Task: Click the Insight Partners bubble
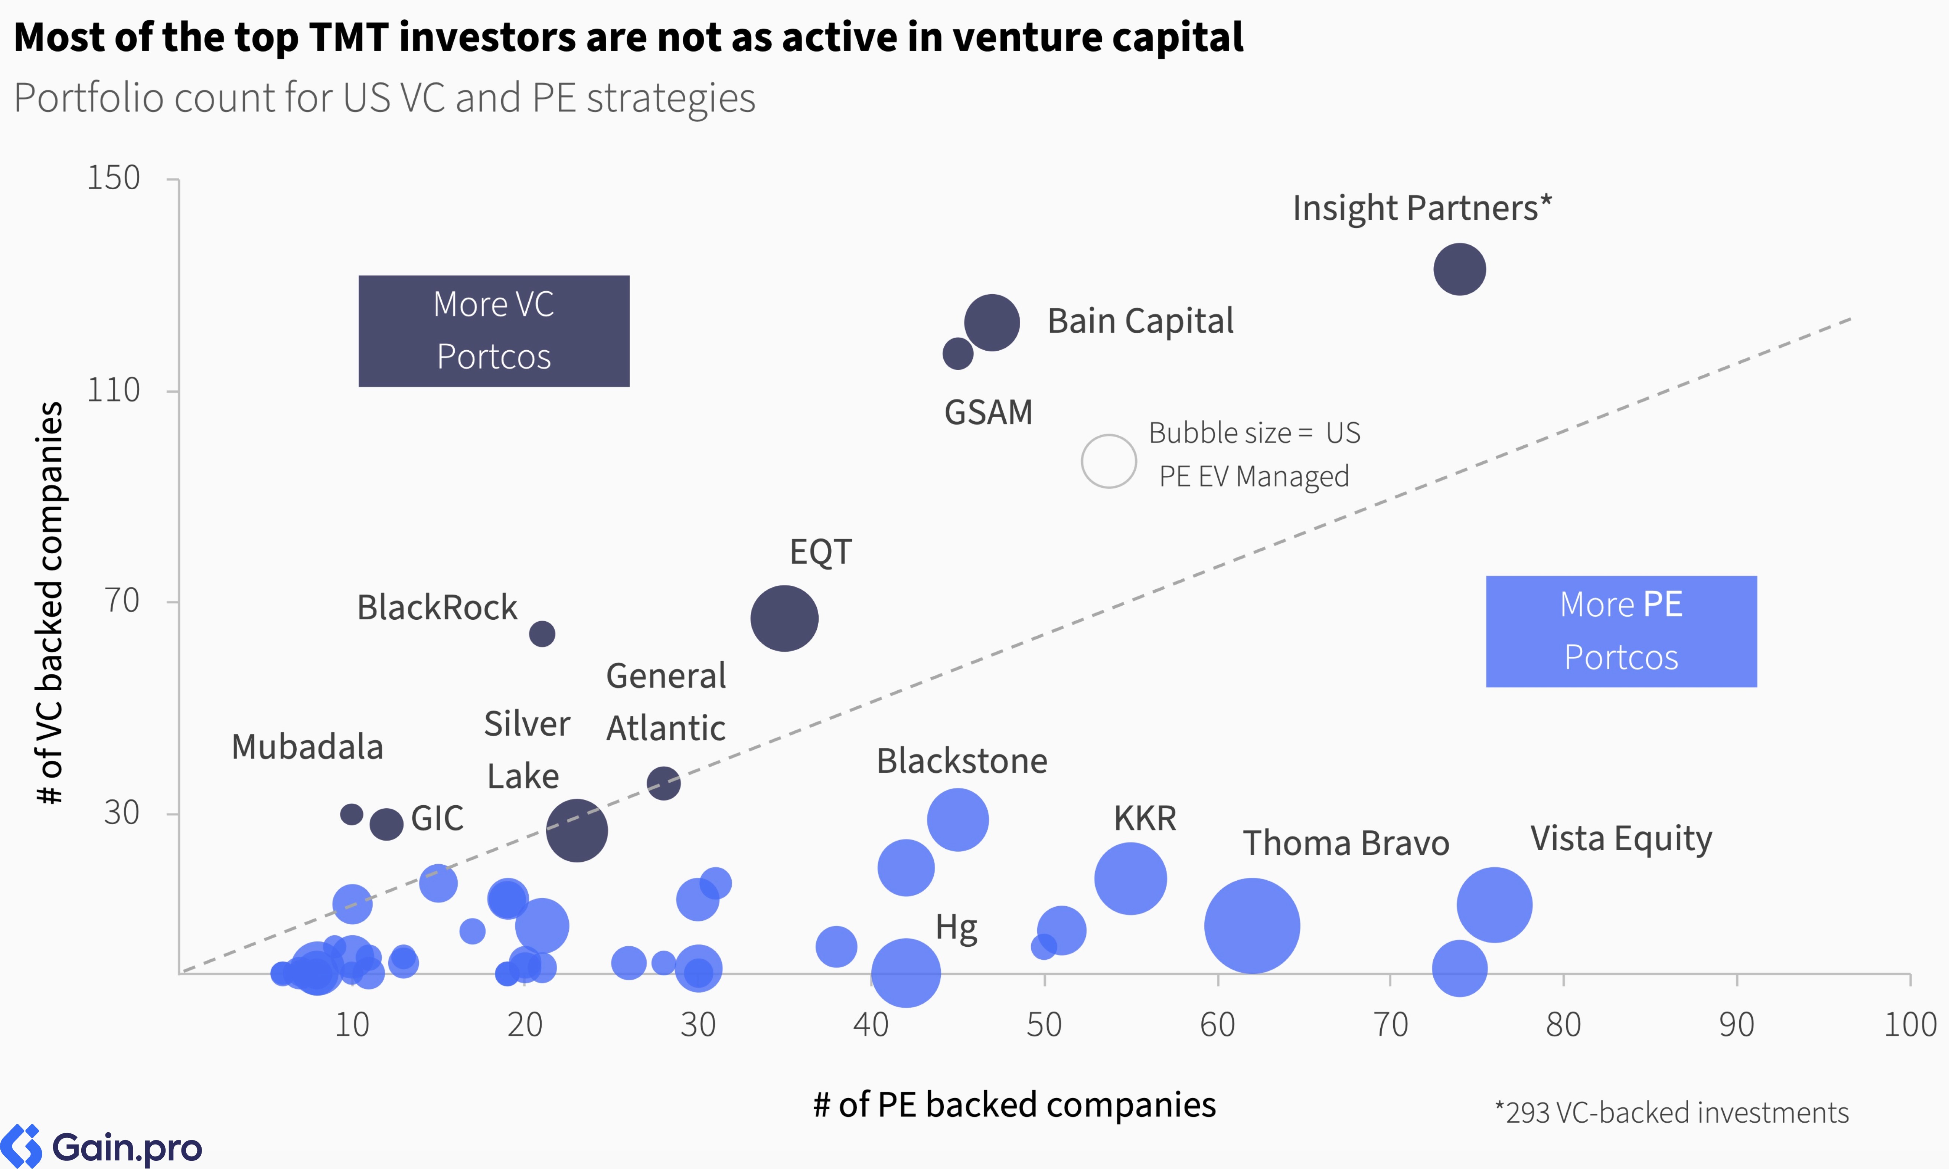coord(1459,269)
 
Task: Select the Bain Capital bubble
coord(992,322)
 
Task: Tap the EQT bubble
coord(784,618)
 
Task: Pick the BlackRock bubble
coord(542,633)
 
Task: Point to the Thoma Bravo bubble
coord(1252,926)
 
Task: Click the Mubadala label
coord(307,747)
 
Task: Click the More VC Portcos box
coord(494,331)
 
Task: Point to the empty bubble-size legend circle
coord(1109,462)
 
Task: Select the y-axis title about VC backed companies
coord(50,603)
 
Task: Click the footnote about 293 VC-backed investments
coord(1672,1112)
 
